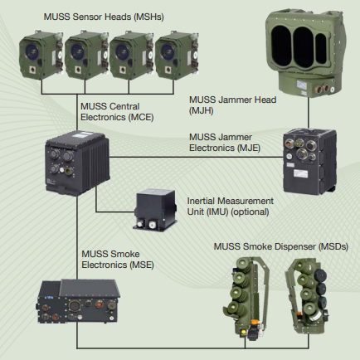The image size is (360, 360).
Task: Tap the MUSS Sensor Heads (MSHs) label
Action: (104, 17)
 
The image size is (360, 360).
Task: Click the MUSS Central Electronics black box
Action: (77, 163)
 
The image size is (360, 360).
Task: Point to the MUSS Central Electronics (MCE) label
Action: (117, 112)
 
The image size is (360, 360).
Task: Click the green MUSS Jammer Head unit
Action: (305, 54)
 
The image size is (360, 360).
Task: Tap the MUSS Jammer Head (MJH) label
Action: (232, 105)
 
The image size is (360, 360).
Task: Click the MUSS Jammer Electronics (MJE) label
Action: (225, 143)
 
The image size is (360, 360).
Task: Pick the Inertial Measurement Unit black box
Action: (155, 209)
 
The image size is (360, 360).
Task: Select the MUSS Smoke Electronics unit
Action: (78, 301)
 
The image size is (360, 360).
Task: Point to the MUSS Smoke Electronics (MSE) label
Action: (118, 260)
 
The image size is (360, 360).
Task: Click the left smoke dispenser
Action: (247, 297)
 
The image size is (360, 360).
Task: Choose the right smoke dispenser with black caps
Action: (307, 296)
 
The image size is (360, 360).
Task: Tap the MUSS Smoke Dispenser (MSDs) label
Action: (281, 246)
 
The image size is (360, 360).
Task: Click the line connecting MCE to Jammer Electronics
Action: (197, 158)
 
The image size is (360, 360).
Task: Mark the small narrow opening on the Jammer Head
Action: (321, 49)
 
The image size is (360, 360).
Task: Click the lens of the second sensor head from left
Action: (77, 51)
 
